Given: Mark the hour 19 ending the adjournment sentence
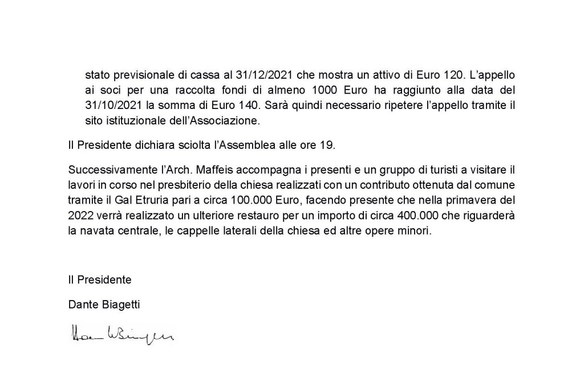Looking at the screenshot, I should (x=329, y=145).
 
